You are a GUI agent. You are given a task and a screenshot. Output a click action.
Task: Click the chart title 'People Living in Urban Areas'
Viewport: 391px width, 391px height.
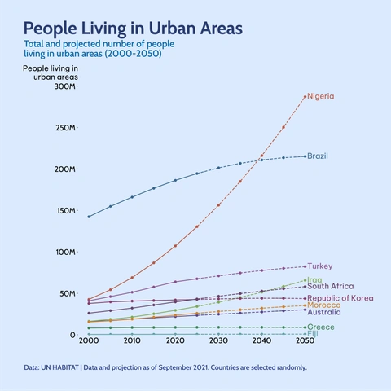[133, 29]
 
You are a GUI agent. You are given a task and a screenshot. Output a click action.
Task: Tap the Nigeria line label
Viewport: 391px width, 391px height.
[320, 96]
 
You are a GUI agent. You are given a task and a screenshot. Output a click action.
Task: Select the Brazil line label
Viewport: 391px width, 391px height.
[318, 156]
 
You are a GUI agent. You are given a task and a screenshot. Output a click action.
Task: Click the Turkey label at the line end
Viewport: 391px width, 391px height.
[319, 266]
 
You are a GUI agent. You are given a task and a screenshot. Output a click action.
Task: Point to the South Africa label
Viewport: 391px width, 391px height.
[330, 287]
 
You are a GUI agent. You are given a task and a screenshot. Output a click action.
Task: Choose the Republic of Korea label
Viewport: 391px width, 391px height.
[340, 298]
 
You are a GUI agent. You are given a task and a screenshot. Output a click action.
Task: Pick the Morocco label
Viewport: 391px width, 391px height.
[323, 305]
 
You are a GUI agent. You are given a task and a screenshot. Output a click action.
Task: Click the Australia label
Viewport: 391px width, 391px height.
[323, 312]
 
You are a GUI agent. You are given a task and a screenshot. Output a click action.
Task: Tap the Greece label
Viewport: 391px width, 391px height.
[320, 327]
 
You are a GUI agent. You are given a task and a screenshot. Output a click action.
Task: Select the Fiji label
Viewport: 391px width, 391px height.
[313, 334]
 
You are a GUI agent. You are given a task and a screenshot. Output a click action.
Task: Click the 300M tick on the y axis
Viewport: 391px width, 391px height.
[64, 86]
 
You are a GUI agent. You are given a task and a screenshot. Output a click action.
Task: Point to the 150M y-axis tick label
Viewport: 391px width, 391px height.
[64, 211]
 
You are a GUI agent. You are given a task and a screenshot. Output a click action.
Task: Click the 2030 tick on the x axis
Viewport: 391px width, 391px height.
[218, 342]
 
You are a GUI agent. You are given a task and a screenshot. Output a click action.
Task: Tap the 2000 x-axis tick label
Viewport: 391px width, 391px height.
[88, 342]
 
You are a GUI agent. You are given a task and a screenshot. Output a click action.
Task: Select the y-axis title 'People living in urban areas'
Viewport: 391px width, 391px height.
[51, 72]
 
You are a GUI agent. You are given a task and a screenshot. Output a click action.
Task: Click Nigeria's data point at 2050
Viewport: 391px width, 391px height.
[305, 97]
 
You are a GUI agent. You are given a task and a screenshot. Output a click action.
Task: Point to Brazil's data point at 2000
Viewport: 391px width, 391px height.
[89, 217]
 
